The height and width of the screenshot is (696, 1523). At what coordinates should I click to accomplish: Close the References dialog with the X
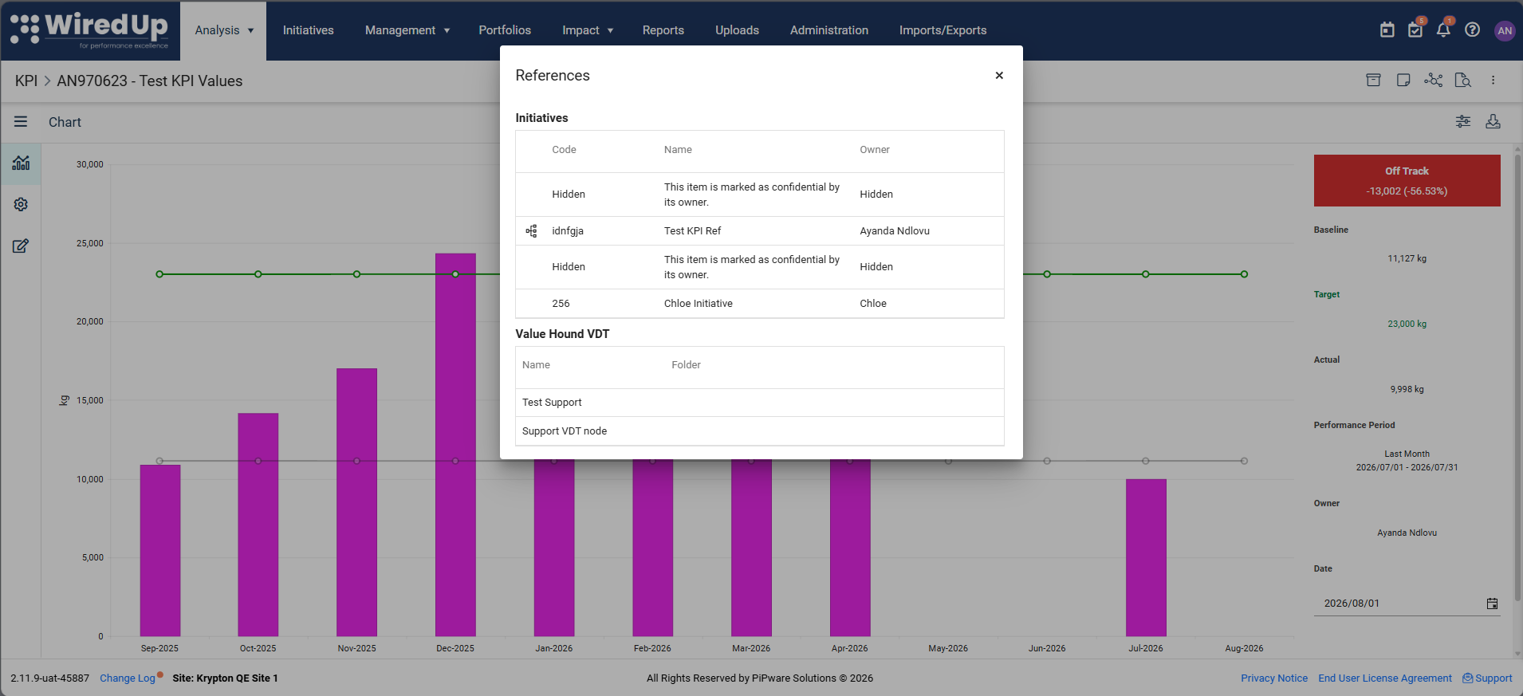999,76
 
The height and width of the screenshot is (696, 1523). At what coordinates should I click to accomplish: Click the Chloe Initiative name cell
698,304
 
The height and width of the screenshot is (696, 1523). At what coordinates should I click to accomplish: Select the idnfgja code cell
568,231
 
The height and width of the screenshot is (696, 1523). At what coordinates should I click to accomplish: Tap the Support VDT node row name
565,431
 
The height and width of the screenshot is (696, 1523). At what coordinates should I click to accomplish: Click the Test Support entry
552,403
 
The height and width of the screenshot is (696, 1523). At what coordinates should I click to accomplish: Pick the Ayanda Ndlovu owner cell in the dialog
895,231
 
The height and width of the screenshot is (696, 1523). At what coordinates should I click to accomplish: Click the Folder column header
686,365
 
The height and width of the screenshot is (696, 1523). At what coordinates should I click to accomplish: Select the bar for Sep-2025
160,550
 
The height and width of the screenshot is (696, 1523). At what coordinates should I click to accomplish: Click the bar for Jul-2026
1146,557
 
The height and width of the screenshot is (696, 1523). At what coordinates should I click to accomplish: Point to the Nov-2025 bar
356,502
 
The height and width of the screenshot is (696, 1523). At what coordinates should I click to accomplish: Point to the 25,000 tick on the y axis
90,243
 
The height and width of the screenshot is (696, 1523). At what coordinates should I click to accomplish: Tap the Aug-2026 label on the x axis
1244,648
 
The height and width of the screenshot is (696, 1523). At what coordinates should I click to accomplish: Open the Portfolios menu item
505,30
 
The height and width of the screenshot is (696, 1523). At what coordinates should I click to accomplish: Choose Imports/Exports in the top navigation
943,30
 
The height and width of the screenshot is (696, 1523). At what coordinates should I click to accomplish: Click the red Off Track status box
1407,181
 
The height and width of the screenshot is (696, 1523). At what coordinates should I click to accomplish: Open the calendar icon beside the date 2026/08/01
1492,604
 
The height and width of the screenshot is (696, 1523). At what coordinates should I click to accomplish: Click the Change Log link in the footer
128,678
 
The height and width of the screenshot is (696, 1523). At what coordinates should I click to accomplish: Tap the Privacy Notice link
1274,678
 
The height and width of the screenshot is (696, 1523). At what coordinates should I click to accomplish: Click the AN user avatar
1505,30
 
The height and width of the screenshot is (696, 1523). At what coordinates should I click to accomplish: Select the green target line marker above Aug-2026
1244,274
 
